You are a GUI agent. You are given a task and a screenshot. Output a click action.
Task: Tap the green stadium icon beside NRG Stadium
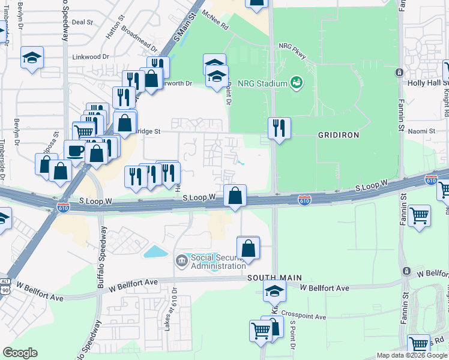(295, 82)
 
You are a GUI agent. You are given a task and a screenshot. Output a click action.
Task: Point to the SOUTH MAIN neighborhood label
(274, 278)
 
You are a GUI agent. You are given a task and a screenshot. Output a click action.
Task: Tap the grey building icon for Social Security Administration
(181, 261)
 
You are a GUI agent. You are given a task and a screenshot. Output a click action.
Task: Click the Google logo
(20, 353)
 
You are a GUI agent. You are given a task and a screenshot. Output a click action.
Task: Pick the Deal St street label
(82, 22)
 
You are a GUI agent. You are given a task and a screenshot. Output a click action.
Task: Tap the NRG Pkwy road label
(292, 51)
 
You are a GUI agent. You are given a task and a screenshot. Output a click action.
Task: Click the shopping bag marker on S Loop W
(235, 195)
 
